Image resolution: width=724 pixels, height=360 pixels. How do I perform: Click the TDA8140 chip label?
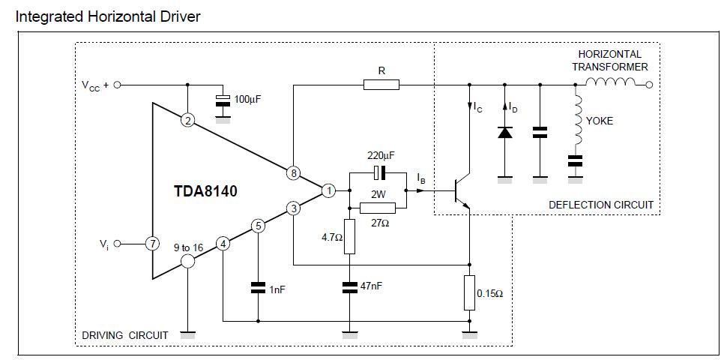pyautogui.click(x=205, y=190)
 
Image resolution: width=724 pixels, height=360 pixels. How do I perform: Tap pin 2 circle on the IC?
pyautogui.click(x=187, y=121)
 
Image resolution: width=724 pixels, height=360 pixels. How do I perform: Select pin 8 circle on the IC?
pyautogui.click(x=293, y=173)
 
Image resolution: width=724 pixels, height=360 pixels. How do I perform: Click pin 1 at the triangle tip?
pyautogui.click(x=328, y=190)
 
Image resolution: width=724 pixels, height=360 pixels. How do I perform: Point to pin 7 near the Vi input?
pyautogui.click(x=152, y=243)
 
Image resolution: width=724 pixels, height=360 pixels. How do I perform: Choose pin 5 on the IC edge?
pyautogui.click(x=258, y=226)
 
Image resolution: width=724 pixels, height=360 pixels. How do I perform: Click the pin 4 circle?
pyautogui.click(x=223, y=244)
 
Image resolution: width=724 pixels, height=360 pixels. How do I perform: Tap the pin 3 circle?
pyautogui.click(x=293, y=208)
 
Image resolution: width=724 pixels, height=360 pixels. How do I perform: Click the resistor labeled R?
pyautogui.click(x=381, y=85)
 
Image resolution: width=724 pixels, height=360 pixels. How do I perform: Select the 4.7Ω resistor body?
pyautogui.click(x=349, y=236)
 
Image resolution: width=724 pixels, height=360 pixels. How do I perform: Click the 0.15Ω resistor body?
pyautogui.click(x=470, y=292)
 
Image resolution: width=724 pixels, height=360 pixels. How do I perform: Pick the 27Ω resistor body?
pyautogui.click(x=378, y=208)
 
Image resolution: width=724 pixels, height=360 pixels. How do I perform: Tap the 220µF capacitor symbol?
pyautogui.click(x=378, y=172)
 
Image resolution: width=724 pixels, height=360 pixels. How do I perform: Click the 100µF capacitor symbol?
pyautogui.click(x=223, y=100)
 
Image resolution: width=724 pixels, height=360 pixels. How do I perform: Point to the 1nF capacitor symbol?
pyautogui.click(x=258, y=287)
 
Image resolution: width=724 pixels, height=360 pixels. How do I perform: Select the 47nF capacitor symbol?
pyautogui.click(x=349, y=287)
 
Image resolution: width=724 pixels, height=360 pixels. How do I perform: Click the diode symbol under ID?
pyautogui.click(x=504, y=133)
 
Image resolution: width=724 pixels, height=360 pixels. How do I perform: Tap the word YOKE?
pyautogui.click(x=600, y=121)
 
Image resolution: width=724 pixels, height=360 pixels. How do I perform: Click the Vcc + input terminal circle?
pyautogui.click(x=117, y=85)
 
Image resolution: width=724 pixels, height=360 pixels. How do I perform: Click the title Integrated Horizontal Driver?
pyautogui.click(x=108, y=17)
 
